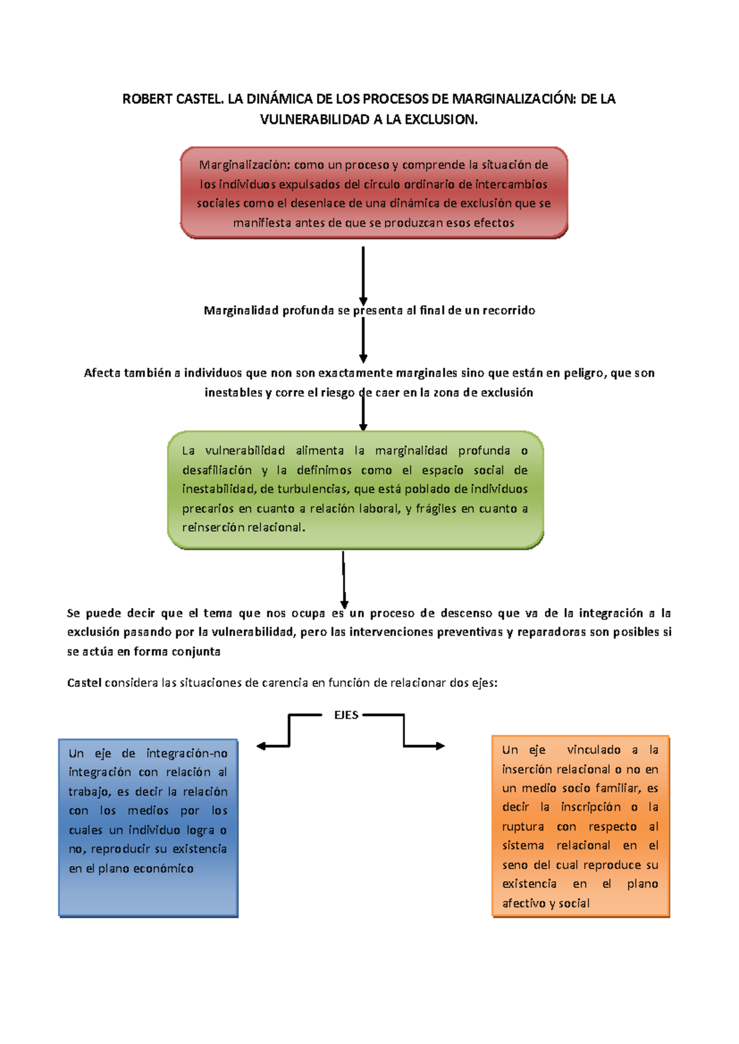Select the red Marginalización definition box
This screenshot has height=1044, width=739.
pyautogui.click(x=374, y=193)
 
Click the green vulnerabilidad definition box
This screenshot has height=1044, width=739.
pyautogui.click(x=355, y=489)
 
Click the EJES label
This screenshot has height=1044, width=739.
pyautogui.click(x=346, y=715)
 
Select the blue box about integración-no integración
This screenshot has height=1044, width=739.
pyautogui.click(x=148, y=828)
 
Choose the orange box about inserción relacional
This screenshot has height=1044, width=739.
pyautogui.click(x=580, y=827)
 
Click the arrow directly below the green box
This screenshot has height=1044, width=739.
pyautogui.click(x=344, y=579)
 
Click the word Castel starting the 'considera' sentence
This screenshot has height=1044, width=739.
pyautogui.click(x=84, y=683)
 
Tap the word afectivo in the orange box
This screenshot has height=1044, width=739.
pyautogui.click(x=523, y=904)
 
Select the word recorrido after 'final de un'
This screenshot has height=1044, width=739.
pyautogui.click(x=508, y=310)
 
